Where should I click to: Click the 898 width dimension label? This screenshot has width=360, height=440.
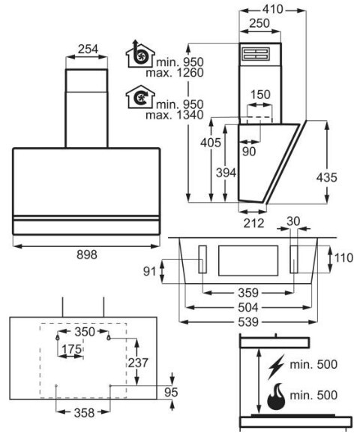click(x=87, y=255)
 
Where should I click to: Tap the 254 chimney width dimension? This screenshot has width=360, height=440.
click(x=88, y=49)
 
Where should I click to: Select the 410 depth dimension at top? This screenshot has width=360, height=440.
click(x=272, y=10)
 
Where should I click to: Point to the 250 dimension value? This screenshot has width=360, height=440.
click(x=259, y=23)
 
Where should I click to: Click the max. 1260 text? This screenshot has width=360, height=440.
click(x=175, y=73)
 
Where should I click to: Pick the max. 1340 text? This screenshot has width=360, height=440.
click(x=175, y=115)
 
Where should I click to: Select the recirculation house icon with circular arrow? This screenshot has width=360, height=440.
click(x=140, y=97)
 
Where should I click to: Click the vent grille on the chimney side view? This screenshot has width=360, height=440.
click(x=256, y=54)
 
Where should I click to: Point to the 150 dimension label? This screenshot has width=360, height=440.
click(x=260, y=95)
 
